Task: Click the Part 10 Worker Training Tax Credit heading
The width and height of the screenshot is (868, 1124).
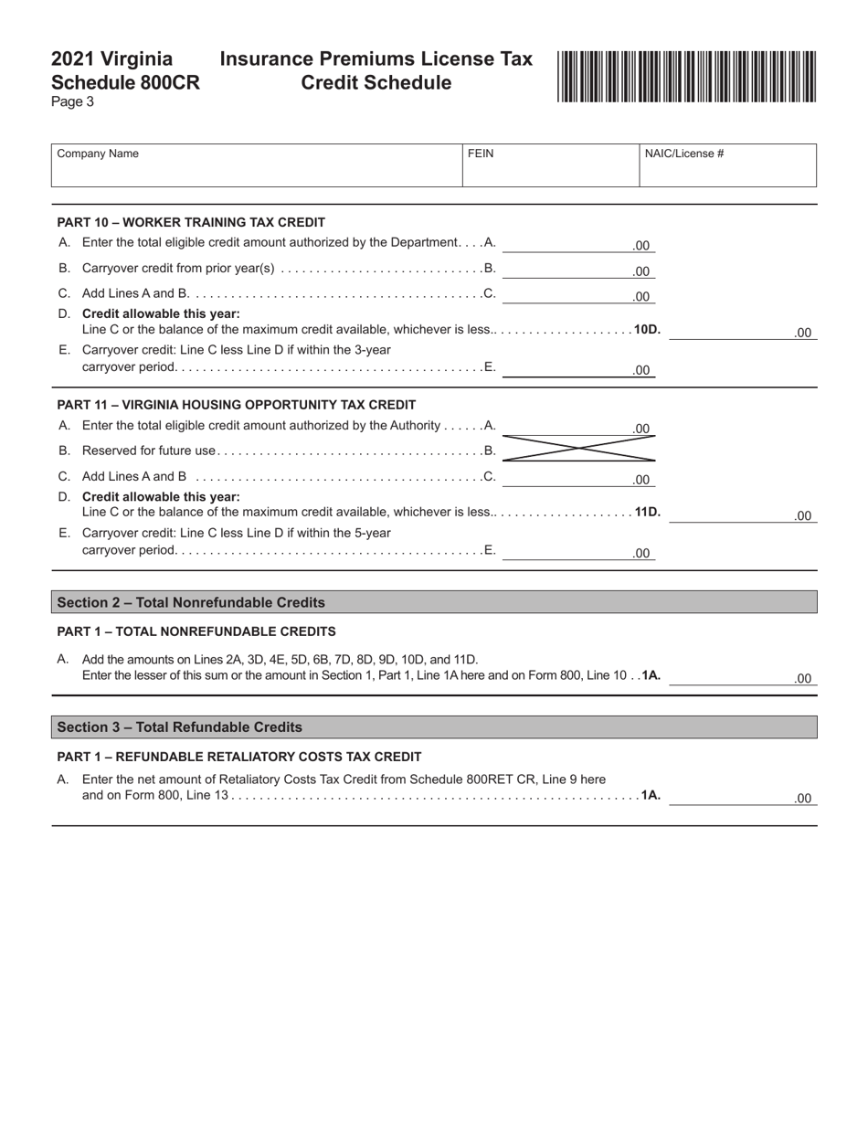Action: click(x=191, y=222)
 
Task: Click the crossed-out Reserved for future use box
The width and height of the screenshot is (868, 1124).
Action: click(x=578, y=450)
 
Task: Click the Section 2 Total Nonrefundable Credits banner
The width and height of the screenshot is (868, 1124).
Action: click(x=434, y=602)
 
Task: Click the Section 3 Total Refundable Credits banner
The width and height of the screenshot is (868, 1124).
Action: click(x=434, y=727)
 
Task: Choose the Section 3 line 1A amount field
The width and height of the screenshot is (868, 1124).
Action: click(x=742, y=797)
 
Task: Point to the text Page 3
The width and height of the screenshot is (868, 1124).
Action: click(x=72, y=102)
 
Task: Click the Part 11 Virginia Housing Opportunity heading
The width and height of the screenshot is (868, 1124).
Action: click(x=236, y=405)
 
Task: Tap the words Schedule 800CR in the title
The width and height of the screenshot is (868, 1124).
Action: click(x=125, y=83)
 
